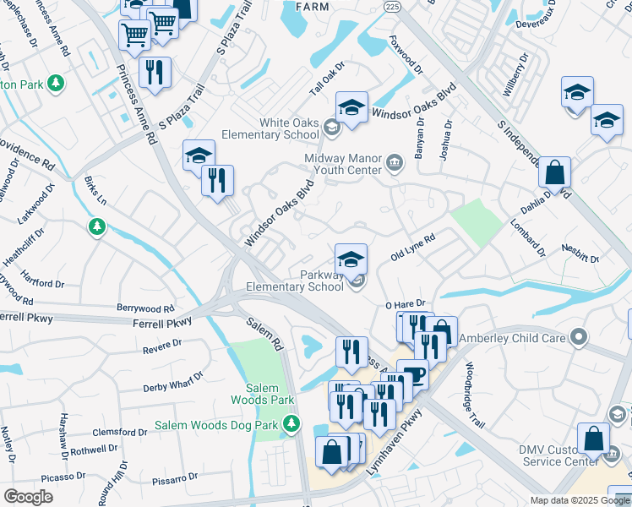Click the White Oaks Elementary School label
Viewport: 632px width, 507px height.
tap(271, 128)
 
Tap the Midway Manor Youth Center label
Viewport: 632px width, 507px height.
tap(343, 166)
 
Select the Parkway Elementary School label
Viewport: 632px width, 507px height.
tap(294, 281)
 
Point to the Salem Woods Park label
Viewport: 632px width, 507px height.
tap(264, 394)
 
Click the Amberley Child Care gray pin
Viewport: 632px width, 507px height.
tap(579, 338)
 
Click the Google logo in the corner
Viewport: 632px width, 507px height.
tap(29, 497)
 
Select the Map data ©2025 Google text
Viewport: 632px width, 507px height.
tap(580, 500)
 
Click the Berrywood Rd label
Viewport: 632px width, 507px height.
tap(145, 309)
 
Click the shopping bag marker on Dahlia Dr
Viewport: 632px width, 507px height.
tap(555, 173)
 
